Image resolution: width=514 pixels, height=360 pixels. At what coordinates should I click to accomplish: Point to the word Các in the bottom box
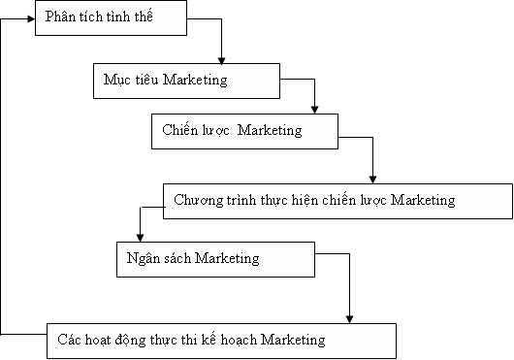69,340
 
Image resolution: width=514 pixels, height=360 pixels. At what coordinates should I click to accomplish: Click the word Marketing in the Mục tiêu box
195,80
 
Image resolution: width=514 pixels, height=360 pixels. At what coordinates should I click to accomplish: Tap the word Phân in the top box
61,19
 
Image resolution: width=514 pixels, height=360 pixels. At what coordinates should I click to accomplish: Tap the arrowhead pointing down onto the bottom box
349,317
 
